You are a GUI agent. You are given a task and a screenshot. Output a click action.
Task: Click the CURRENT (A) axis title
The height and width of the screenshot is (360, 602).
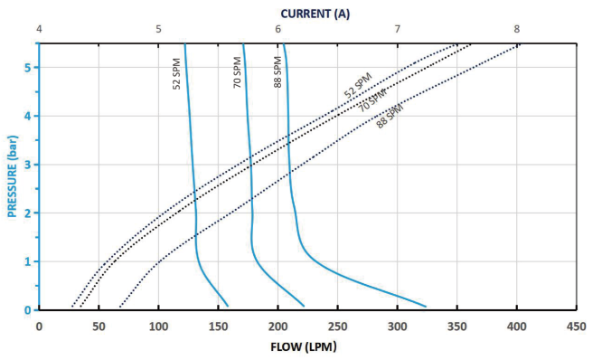coord(315,13)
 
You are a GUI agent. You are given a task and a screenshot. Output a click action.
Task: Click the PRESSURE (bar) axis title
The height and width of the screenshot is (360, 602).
coord(13,176)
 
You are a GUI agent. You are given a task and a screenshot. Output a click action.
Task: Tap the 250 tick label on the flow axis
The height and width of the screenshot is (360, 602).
coord(337,326)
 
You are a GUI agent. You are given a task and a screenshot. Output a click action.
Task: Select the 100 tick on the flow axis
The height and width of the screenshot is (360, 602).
coord(158,326)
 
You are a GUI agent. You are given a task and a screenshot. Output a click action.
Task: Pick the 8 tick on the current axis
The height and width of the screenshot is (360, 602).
coord(517,30)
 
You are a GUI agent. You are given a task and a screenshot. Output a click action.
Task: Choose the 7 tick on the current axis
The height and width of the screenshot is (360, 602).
coord(398,30)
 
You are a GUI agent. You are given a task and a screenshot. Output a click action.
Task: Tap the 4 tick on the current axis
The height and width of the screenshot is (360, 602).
coord(39,30)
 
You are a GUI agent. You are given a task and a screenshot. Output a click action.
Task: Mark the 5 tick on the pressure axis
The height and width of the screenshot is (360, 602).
coord(28,67)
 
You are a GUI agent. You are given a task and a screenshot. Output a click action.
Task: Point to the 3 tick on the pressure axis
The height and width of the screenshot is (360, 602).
coord(28,165)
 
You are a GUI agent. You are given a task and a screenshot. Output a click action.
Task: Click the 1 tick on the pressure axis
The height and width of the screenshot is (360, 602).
coord(28,261)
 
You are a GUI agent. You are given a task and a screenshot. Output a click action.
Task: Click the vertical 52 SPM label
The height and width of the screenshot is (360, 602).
coord(177,73)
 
